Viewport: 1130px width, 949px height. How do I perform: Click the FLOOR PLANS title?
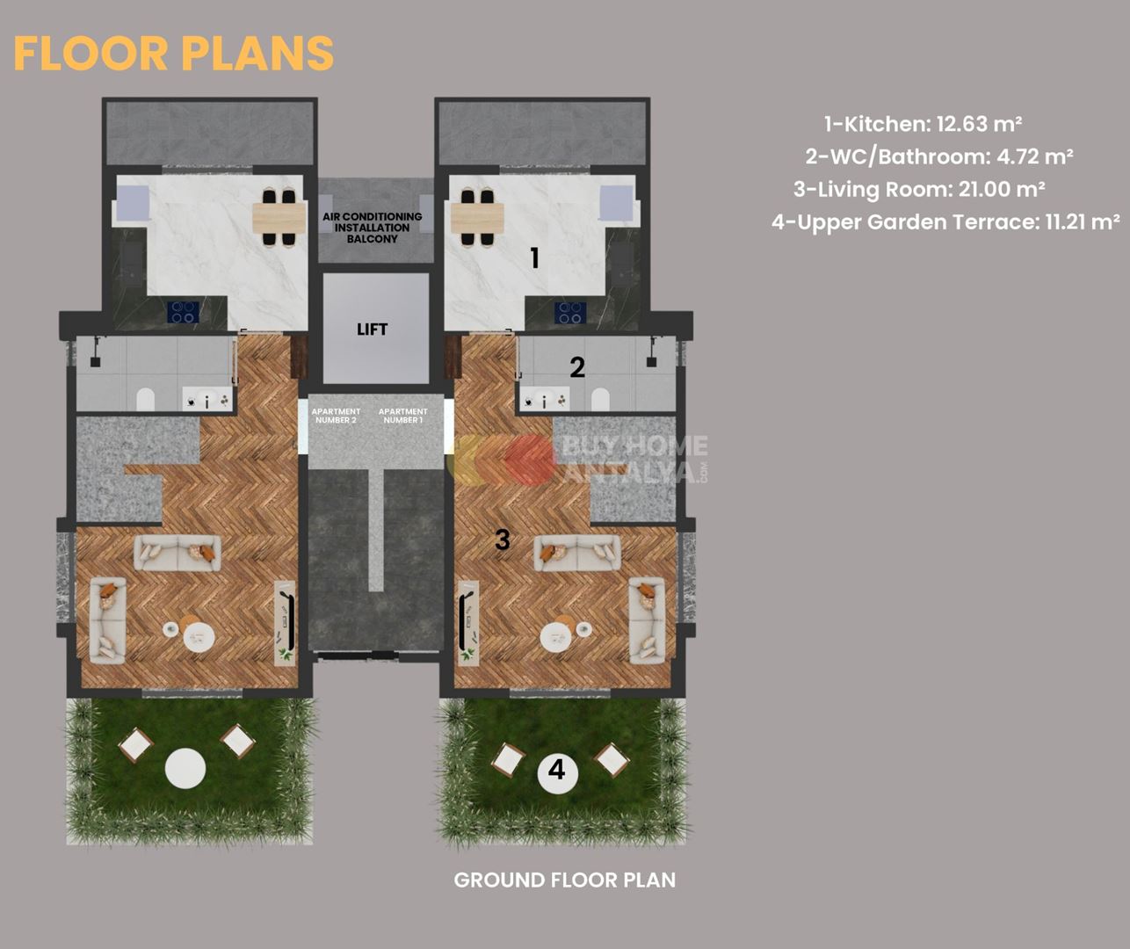(x=173, y=53)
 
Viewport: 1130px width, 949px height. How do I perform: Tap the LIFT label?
(x=372, y=330)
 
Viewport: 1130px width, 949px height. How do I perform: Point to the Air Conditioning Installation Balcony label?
(x=373, y=228)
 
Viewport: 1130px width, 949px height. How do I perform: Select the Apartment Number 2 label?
(x=336, y=416)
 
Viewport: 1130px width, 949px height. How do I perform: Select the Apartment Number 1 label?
(x=403, y=416)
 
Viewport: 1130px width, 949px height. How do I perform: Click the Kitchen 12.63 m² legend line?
(x=923, y=124)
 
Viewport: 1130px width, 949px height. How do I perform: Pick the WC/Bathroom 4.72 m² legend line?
(x=939, y=157)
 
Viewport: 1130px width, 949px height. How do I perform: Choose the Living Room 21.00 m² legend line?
(x=919, y=190)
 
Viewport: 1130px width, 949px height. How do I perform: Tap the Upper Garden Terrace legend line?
(x=945, y=222)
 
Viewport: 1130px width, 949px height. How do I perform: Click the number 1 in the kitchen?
(x=535, y=257)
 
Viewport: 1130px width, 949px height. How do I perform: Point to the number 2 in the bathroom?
(x=577, y=367)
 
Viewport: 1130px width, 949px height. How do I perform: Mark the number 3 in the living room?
(x=503, y=540)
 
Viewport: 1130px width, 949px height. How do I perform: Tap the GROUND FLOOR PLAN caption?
(x=564, y=880)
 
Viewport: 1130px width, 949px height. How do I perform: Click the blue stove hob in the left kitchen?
(x=183, y=312)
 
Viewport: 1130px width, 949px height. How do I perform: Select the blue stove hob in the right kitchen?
(x=570, y=312)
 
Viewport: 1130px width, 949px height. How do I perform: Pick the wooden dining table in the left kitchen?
(x=279, y=218)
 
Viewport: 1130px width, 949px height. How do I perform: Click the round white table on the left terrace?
(x=185, y=768)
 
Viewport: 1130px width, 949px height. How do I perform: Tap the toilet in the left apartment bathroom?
(x=145, y=400)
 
